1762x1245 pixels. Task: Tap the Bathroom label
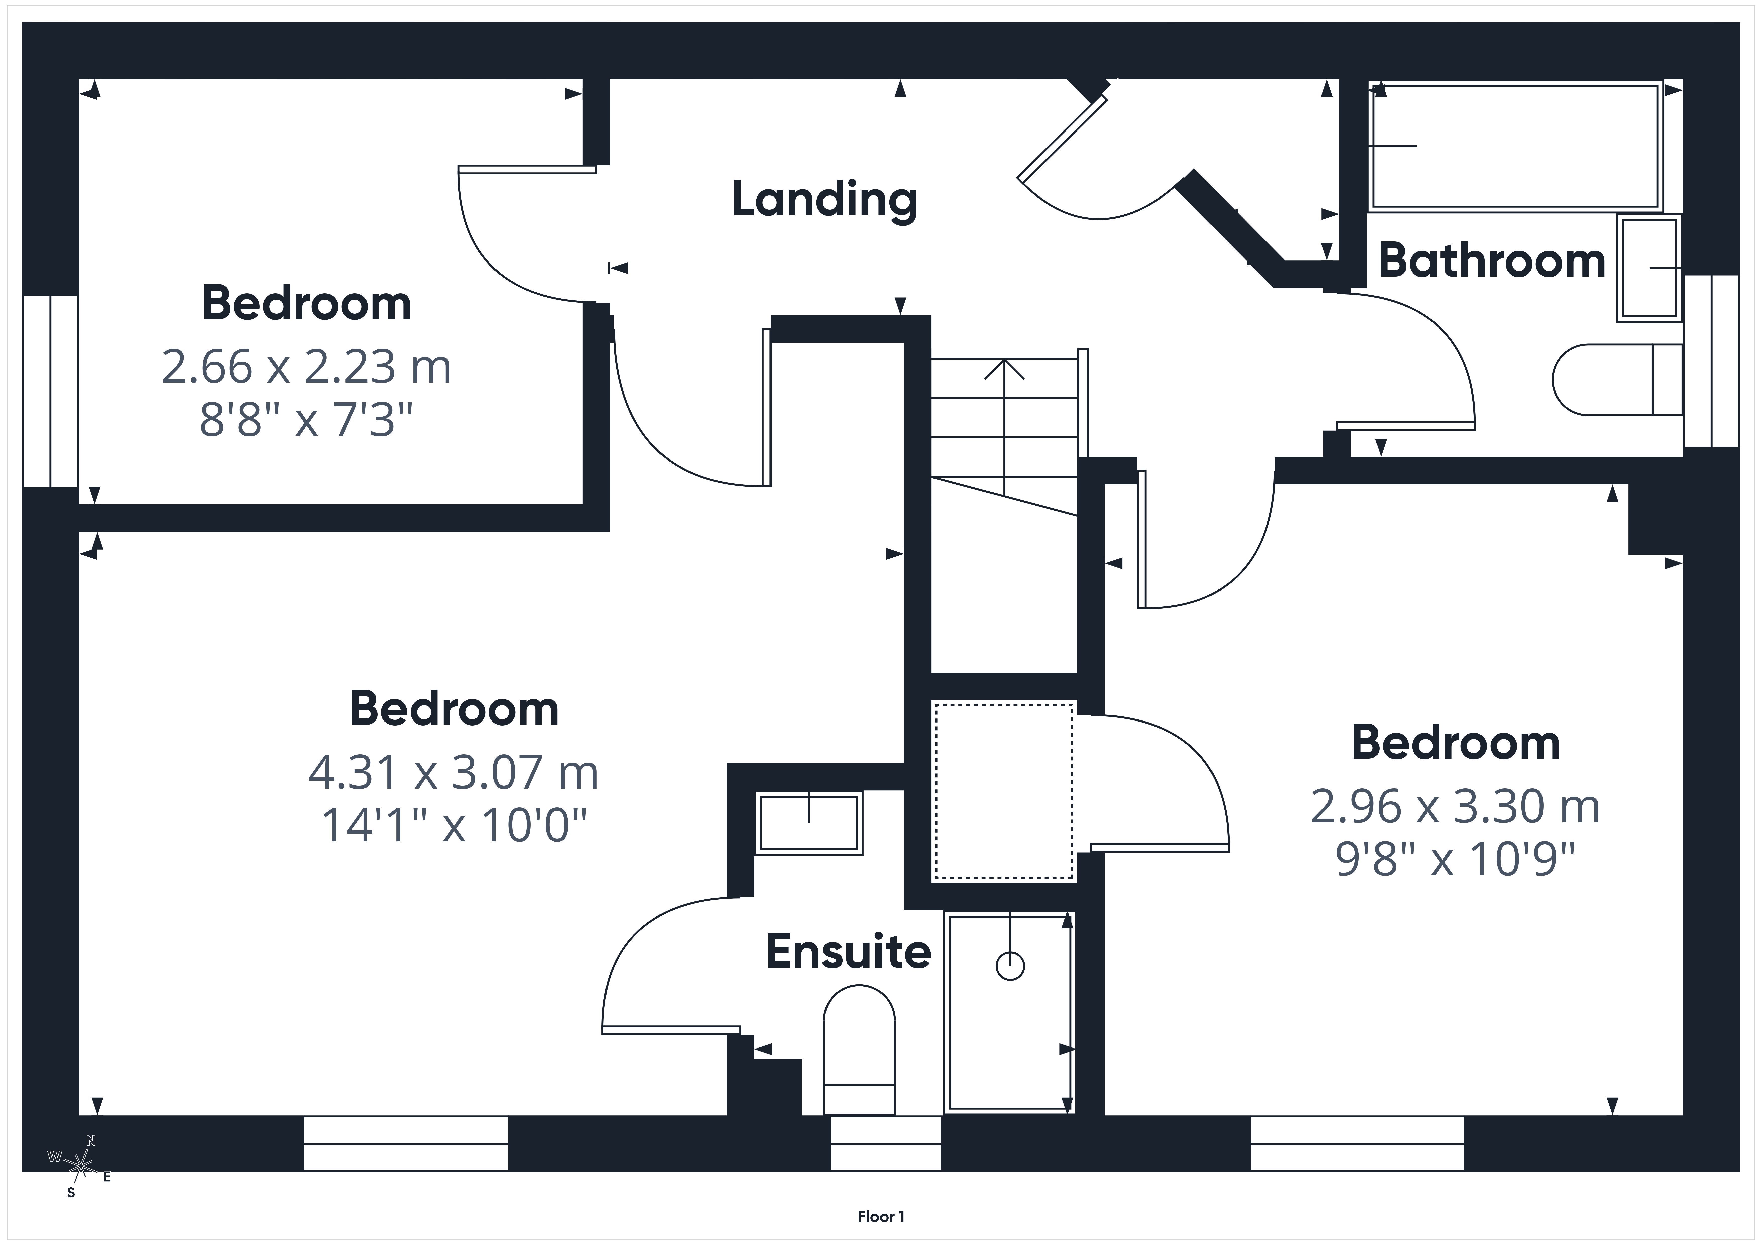pos(1492,261)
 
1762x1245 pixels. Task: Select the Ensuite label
pos(849,952)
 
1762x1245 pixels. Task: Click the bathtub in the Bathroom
pos(1516,146)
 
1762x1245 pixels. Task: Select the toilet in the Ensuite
pos(859,1050)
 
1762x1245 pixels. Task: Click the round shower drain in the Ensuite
pos(1010,966)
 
